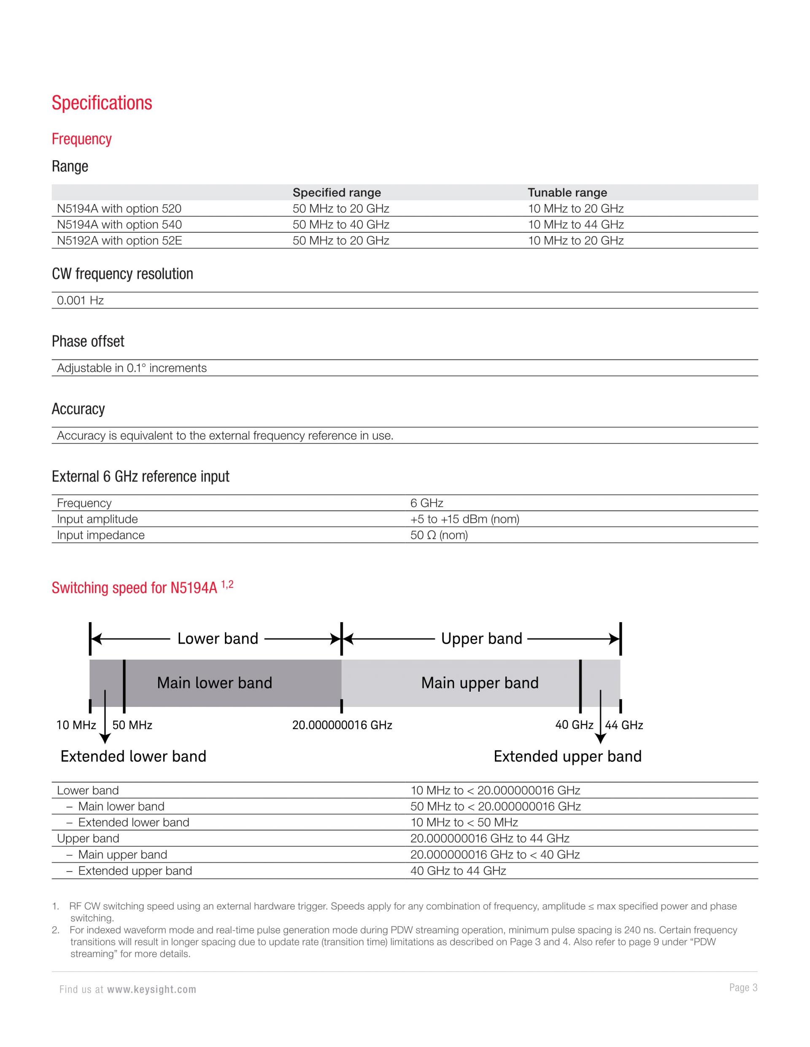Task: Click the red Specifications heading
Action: coord(102,103)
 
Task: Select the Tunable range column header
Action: coord(567,193)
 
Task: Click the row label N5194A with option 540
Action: coord(119,225)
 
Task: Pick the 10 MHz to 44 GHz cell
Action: coord(575,225)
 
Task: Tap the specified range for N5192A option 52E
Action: coord(341,241)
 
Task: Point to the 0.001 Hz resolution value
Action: coord(80,301)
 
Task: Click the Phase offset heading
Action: coord(88,341)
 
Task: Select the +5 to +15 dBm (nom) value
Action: coord(464,519)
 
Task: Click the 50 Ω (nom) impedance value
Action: coord(439,535)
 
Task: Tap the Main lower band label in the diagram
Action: coord(214,683)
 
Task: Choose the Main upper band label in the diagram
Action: coord(480,683)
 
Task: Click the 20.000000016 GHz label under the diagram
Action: coord(342,725)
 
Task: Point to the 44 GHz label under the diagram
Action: coord(624,725)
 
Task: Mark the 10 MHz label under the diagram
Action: coord(76,725)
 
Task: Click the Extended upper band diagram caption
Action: coord(567,757)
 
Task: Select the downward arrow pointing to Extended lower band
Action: coord(105,719)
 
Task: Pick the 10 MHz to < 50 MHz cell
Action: coord(464,823)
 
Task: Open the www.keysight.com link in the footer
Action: coord(151,990)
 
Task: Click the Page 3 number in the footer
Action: coord(743,988)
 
